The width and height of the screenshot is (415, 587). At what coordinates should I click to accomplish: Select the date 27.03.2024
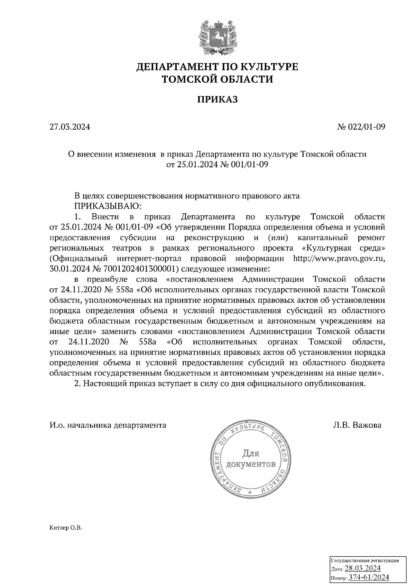coord(70,127)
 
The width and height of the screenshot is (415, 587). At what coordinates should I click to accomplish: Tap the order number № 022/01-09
coord(361,127)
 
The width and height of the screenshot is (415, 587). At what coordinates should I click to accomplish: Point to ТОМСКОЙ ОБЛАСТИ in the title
coord(218,80)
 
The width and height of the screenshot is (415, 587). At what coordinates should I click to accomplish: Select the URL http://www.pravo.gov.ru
coord(339,259)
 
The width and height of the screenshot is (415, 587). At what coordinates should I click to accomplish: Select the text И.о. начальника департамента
coord(108,425)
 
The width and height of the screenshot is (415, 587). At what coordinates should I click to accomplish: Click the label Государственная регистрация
coord(365,560)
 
